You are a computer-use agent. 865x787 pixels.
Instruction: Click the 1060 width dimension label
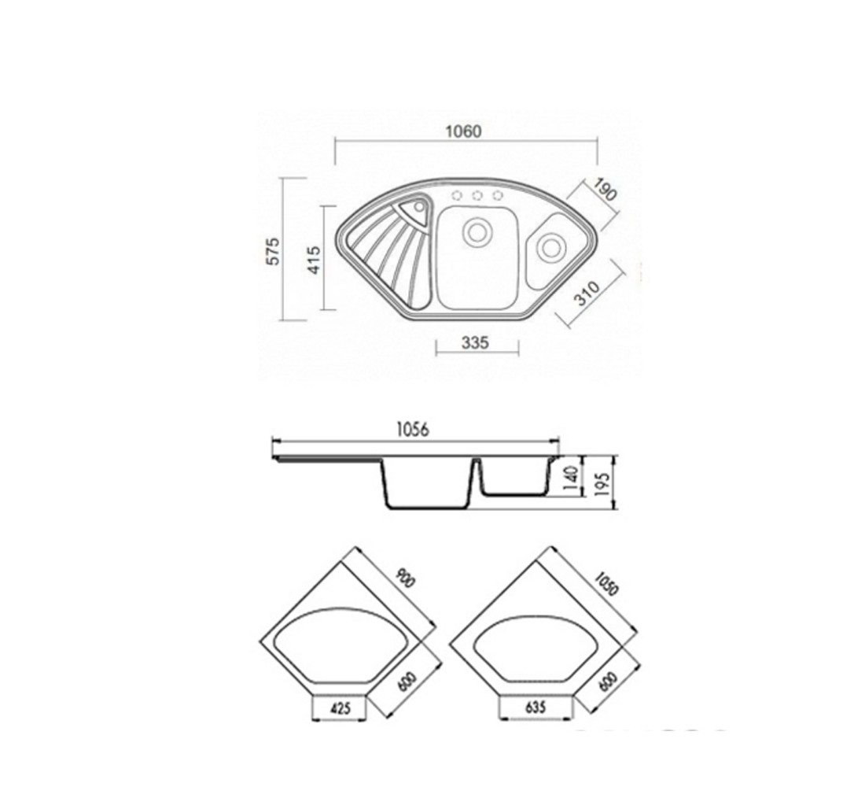click(463, 131)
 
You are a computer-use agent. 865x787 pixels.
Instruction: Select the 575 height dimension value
click(274, 251)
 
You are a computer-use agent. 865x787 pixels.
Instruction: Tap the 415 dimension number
click(313, 260)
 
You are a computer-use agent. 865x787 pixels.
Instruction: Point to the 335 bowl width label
click(475, 343)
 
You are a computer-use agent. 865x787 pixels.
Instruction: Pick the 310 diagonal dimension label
click(587, 294)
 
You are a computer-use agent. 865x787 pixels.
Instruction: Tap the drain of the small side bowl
click(550, 247)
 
